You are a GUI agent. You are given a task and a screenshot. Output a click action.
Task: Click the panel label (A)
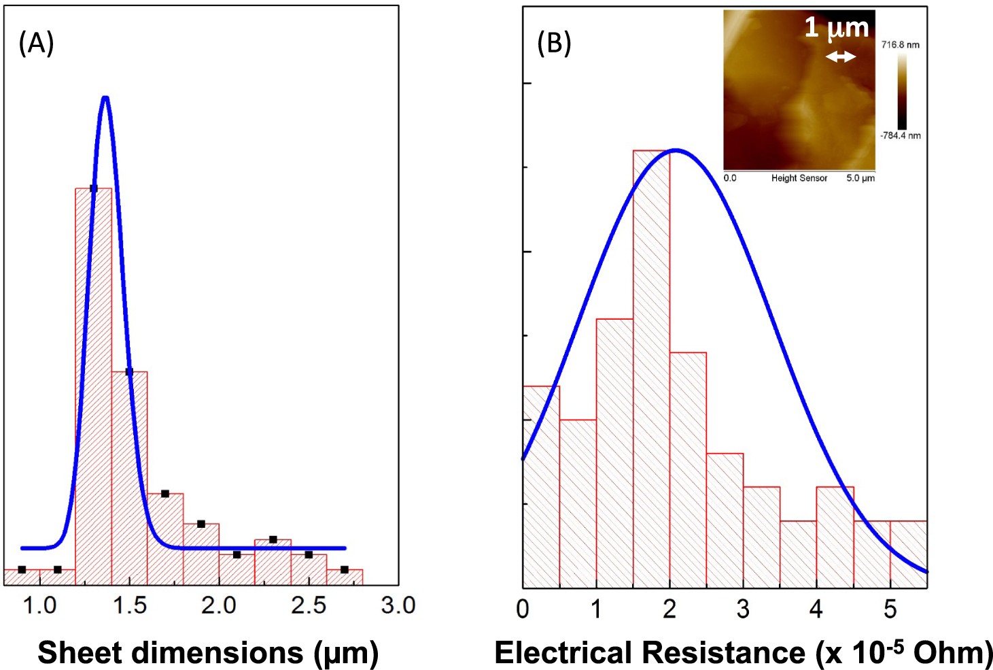pos(36,44)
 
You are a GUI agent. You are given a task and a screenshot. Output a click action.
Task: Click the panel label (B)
pos(554,44)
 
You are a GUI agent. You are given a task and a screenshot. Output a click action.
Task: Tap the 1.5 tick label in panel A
pos(129,605)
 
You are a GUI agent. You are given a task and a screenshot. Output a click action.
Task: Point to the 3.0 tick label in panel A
pos(398,605)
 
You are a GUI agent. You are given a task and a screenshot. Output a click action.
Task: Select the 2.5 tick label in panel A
pos(308,605)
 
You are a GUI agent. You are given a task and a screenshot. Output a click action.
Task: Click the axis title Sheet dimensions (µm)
pos(208,652)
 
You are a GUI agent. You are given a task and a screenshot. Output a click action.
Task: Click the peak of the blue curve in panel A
pos(105,99)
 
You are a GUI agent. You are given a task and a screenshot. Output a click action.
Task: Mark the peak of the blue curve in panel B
pos(675,150)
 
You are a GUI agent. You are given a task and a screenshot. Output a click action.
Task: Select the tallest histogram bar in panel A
pos(93,381)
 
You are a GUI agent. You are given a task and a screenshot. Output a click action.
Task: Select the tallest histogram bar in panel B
pos(651,367)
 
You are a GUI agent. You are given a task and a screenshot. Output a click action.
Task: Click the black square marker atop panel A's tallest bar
pos(93,188)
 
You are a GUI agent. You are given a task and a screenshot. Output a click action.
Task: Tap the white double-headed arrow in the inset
pos(840,58)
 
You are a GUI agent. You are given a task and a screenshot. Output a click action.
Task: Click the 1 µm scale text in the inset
pos(837,28)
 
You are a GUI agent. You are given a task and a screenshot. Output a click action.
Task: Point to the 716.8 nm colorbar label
pos(900,45)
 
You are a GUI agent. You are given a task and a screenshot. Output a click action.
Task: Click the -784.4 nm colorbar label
pos(900,135)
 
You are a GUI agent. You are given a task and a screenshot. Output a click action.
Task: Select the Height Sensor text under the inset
pos(799,178)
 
